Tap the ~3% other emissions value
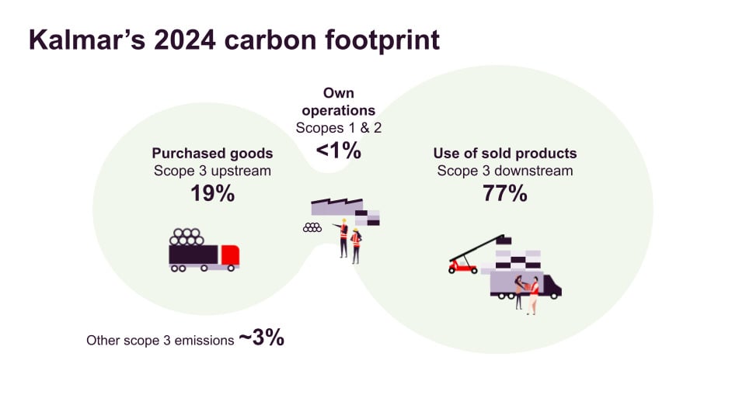click(x=261, y=338)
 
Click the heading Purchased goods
click(x=211, y=153)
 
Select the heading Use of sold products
click(x=505, y=153)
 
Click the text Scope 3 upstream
click(x=211, y=171)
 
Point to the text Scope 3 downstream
click(x=505, y=171)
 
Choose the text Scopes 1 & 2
click(x=338, y=127)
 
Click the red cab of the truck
click(x=229, y=255)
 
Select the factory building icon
click(x=342, y=208)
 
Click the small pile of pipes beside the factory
click(x=312, y=227)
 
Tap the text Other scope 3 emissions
click(x=160, y=340)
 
